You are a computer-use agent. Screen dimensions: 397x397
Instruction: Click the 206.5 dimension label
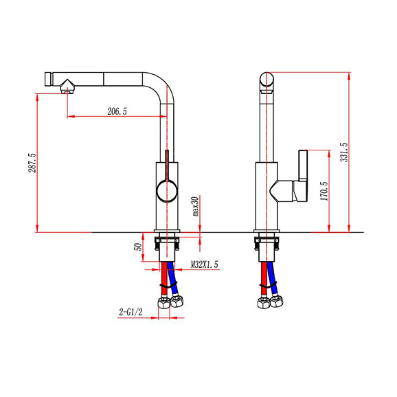tap(117, 111)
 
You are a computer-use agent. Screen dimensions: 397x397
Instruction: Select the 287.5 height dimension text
tap(32, 163)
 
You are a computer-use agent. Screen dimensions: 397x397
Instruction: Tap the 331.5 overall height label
tap(344, 152)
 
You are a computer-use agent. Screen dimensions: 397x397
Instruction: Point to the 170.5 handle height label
tap(324, 191)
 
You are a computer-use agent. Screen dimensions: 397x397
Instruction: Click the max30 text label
tap(196, 206)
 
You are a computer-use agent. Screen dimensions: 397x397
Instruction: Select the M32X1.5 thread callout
tap(204, 264)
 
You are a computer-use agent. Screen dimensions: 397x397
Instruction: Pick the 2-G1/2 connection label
tap(131, 312)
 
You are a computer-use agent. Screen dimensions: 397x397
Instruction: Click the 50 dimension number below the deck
tap(139, 247)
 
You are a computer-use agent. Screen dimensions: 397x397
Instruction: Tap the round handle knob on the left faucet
tap(167, 191)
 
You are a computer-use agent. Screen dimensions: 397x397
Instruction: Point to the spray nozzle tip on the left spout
tap(67, 87)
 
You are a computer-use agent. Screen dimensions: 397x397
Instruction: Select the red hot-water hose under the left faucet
tap(164, 278)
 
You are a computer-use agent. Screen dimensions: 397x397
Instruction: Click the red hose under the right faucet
tap(264, 278)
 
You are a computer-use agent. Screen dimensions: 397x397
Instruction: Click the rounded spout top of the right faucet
tap(266, 79)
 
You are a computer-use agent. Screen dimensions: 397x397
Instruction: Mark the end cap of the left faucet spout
tap(49, 79)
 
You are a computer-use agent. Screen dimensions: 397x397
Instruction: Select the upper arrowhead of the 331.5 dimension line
tap(349, 76)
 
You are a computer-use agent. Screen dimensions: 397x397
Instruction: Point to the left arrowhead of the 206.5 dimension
tap(71, 117)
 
